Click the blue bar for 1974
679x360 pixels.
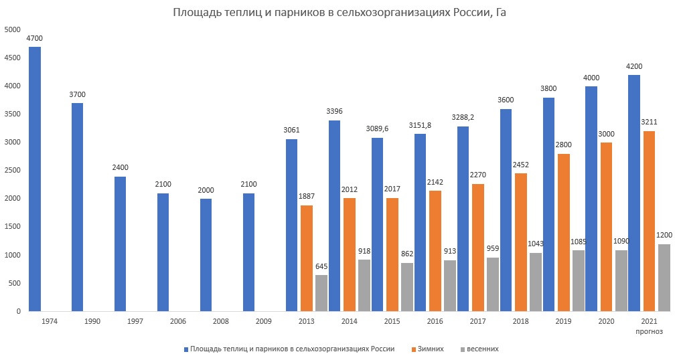click(35, 179)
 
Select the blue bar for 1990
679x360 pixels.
click(78, 207)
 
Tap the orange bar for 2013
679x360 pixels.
click(307, 258)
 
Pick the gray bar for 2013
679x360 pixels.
click(321, 292)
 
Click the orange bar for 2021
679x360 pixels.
click(649, 221)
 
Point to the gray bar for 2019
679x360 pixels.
click(578, 280)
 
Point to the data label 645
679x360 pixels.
click(321, 266)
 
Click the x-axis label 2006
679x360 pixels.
click(178, 322)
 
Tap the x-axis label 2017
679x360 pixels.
click(478, 322)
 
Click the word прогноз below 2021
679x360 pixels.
click(649, 331)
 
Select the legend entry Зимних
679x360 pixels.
click(431, 349)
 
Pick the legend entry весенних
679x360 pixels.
click(482, 349)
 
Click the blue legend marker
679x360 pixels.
click(185, 349)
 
